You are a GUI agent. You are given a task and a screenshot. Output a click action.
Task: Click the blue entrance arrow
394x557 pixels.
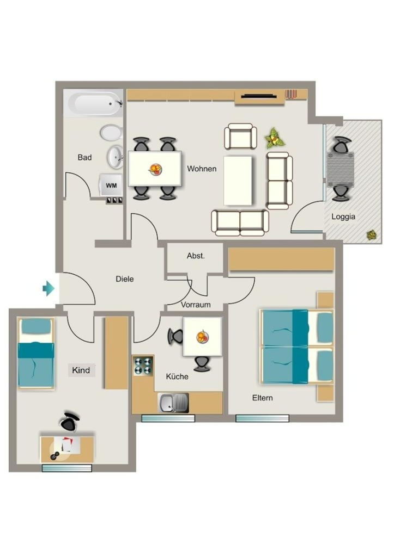pos(49,288)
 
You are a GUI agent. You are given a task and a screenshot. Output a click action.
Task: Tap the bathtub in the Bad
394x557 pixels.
pos(94,103)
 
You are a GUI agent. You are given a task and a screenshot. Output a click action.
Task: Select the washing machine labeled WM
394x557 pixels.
pos(111,185)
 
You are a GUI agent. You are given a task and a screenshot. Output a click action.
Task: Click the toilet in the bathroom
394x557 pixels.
pos(111,133)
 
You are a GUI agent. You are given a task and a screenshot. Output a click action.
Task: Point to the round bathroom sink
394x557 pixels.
pos(116,157)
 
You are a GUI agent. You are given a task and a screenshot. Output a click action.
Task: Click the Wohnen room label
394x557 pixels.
pos(202,169)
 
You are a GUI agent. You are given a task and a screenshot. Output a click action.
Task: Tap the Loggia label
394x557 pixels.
pos(343,216)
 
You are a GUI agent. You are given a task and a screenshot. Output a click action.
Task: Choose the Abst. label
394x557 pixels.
pos(196,256)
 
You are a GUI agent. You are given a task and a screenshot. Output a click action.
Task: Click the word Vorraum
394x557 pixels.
pos(196,305)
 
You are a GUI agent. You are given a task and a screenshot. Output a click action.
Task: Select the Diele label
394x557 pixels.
pos(125,279)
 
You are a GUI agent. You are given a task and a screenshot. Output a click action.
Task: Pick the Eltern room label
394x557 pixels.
pos(263,398)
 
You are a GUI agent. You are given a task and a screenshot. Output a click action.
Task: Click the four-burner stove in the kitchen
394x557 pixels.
pos(143,366)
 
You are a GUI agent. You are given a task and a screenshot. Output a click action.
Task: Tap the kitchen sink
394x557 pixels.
pos(173,403)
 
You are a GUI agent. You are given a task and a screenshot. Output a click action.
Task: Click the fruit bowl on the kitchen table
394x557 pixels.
pos(203,336)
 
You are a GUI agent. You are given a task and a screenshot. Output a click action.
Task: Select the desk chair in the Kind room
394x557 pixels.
pos(69,422)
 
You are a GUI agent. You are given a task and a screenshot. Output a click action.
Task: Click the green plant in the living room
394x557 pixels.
pos(275,138)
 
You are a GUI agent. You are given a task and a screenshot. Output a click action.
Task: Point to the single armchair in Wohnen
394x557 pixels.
pos(240,136)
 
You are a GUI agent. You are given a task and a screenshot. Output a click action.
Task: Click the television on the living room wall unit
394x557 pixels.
pos(259,96)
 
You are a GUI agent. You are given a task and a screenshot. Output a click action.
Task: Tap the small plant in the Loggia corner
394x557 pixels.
pos(372,234)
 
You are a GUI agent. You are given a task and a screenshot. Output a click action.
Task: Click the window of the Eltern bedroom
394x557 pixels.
pos(262,418)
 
